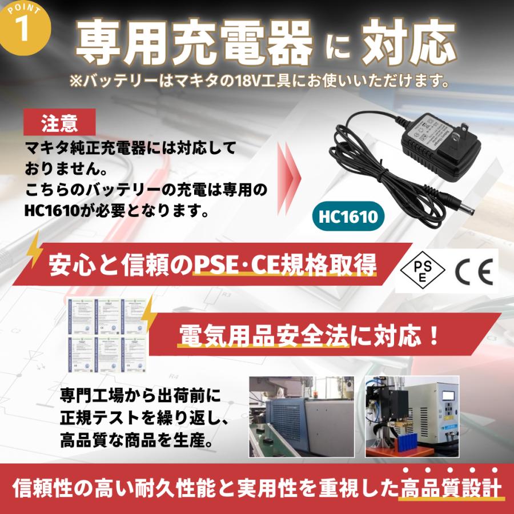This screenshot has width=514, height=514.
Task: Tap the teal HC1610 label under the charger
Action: pyautogui.click(x=348, y=216)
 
